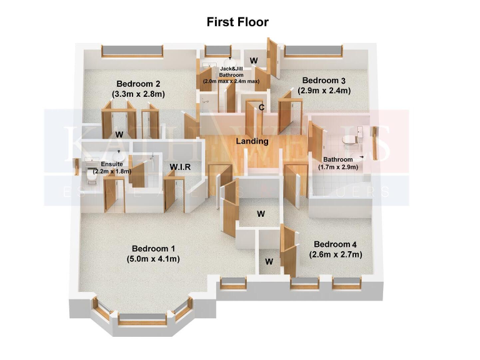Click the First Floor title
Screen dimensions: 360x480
pyautogui.click(x=237, y=22)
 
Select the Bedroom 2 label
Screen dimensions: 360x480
pyautogui.click(x=139, y=84)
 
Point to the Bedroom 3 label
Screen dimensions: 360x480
pyautogui.click(x=324, y=81)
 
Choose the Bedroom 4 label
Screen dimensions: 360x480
pyautogui.click(x=336, y=244)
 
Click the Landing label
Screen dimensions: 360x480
pyautogui.click(x=252, y=141)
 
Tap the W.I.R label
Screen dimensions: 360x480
pyautogui.click(x=180, y=167)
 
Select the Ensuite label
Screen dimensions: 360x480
pyautogui.click(x=104, y=164)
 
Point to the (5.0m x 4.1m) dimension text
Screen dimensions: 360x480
pyautogui.click(x=153, y=258)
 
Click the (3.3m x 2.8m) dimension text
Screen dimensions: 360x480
pyautogui.click(x=139, y=94)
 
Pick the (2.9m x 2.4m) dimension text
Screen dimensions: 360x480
pyautogui.click(x=324, y=91)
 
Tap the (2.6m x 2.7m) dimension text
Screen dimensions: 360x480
pyautogui.click(x=336, y=254)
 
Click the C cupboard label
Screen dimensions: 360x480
pyautogui.click(x=262, y=107)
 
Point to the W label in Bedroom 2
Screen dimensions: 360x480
pyautogui.click(x=118, y=134)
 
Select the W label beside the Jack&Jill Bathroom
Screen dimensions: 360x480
pyautogui.click(x=254, y=61)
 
